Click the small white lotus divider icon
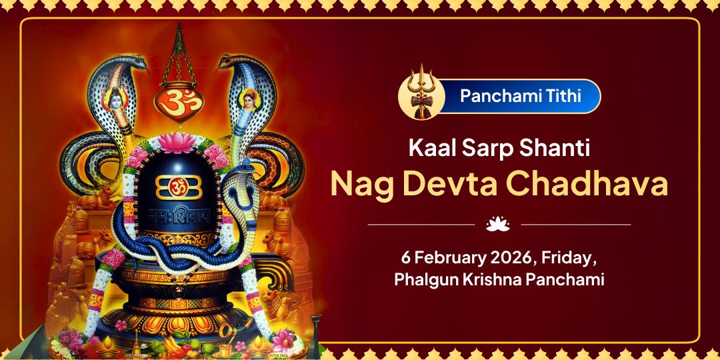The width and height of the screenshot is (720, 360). click(x=497, y=225)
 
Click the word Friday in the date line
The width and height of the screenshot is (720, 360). click(x=567, y=257)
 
